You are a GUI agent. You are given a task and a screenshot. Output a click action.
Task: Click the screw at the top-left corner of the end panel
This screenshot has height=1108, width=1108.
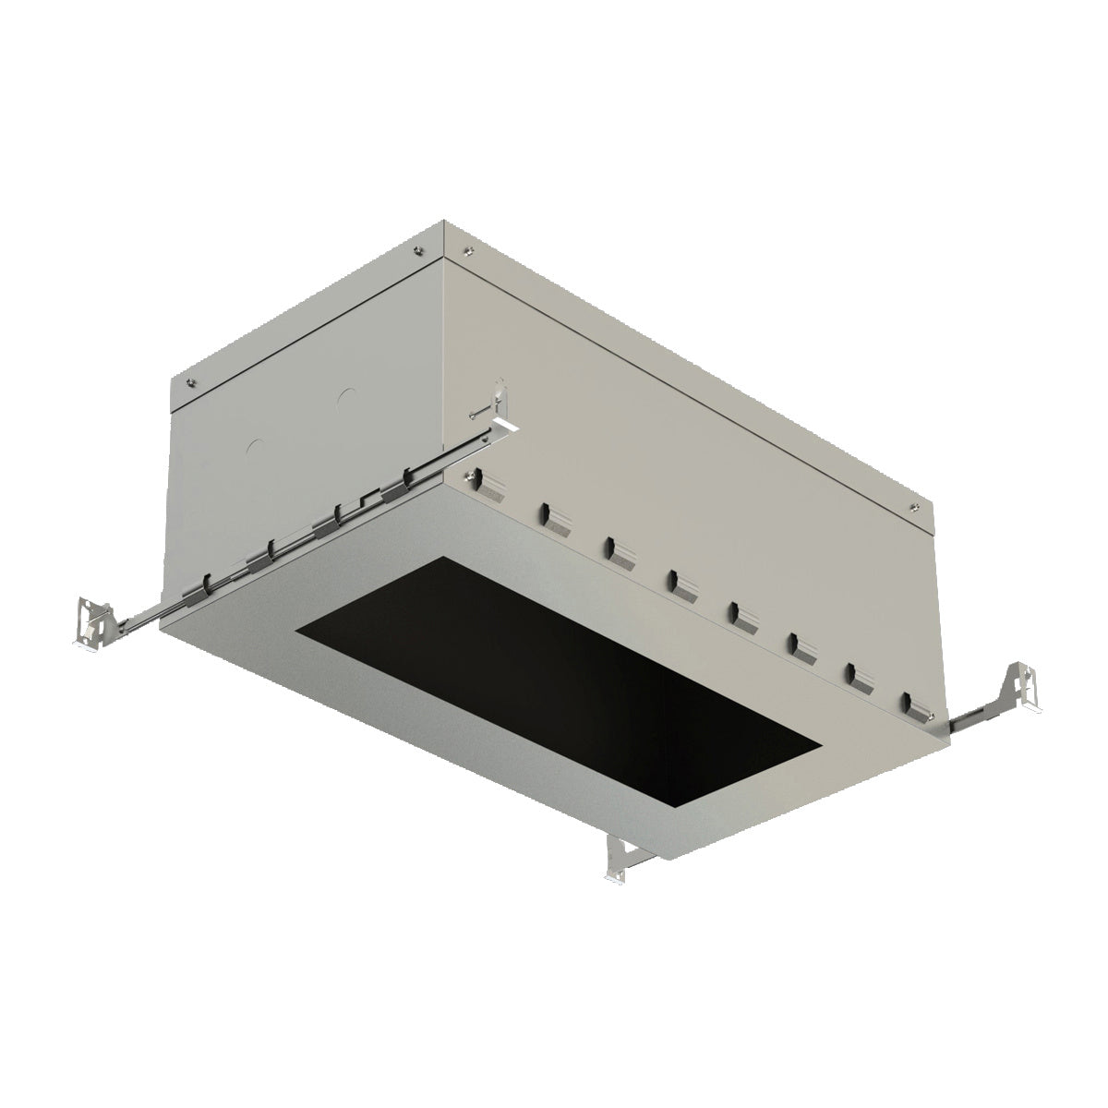[x=191, y=381]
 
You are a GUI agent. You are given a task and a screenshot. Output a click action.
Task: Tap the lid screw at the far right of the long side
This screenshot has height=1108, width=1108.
[x=913, y=505]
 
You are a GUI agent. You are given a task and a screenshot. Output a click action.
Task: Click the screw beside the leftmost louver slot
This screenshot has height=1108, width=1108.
[x=472, y=476]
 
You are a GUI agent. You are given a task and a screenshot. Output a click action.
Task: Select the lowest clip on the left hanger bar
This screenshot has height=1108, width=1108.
[x=207, y=585]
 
